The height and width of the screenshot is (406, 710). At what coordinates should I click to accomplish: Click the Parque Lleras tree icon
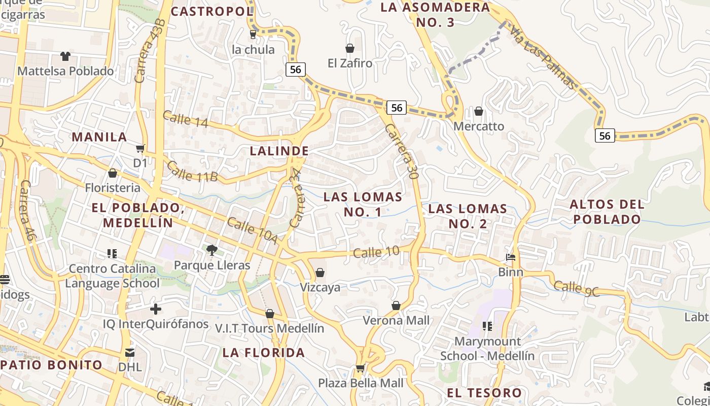pyautogui.click(x=211, y=250)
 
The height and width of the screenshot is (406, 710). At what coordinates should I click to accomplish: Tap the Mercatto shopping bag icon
pyautogui.click(x=479, y=111)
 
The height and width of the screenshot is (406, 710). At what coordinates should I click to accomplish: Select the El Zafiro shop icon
pyautogui.click(x=349, y=48)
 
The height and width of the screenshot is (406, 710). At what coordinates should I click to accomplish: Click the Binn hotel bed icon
pyautogui.click(x=511, y=257)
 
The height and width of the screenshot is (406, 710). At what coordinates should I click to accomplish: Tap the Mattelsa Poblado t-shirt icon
pyautogui.click(x=65, y=56)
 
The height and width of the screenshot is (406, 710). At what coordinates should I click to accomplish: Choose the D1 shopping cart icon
pyautogui.click(x=140, y=149)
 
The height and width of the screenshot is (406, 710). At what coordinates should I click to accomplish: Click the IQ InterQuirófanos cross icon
pyautogui.click(x=156, y=309)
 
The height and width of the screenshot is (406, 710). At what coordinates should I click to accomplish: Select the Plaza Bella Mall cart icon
pyautogui.click(x=360, y=368)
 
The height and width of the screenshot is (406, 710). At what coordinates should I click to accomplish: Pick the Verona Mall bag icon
pyautogui.click(x=396, y=306)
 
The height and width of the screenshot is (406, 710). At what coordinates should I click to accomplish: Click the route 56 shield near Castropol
pyautogui.click(x=295, y=70)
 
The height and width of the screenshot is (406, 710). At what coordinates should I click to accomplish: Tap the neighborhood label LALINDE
pyautogui.click(x=279, y=151)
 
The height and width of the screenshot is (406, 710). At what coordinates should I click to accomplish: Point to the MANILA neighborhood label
pyautogui.click(x=99, y=137)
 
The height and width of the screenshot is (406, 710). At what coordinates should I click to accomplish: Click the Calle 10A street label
pyautogui.click(x=252, y=231)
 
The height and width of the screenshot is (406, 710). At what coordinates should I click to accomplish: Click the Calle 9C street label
pyautogui.click(x=576, y=288)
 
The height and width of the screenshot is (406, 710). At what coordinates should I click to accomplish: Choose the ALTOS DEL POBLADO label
pyautogui.click(x=607, y=212)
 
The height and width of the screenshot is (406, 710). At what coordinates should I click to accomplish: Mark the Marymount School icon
pyautogui.click(x=487, y=326)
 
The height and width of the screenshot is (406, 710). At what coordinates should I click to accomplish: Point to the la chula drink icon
pyautogui.click(x=253, y=35)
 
